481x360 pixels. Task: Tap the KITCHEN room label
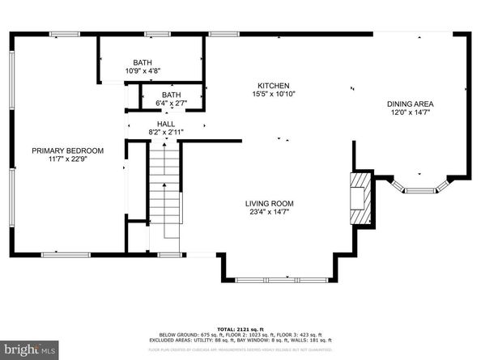pyautogui.click(x=273, y=86)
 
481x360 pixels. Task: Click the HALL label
pyautogui.click(x=166, y=124)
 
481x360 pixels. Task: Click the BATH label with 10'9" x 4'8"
pyautogui.click(x=143, y=62)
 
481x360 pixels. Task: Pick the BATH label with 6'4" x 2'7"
pyautogui.click(x=171, y=95)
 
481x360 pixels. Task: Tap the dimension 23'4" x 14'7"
pyautogui.click(x=270, y=212)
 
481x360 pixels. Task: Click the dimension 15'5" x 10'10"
pyautogui.click(x=273, y=95)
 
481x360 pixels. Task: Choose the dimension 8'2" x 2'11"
pyautogui.click(x=166, y=132)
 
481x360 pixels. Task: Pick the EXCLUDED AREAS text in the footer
pyautogui.click(x=189, y=341)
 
